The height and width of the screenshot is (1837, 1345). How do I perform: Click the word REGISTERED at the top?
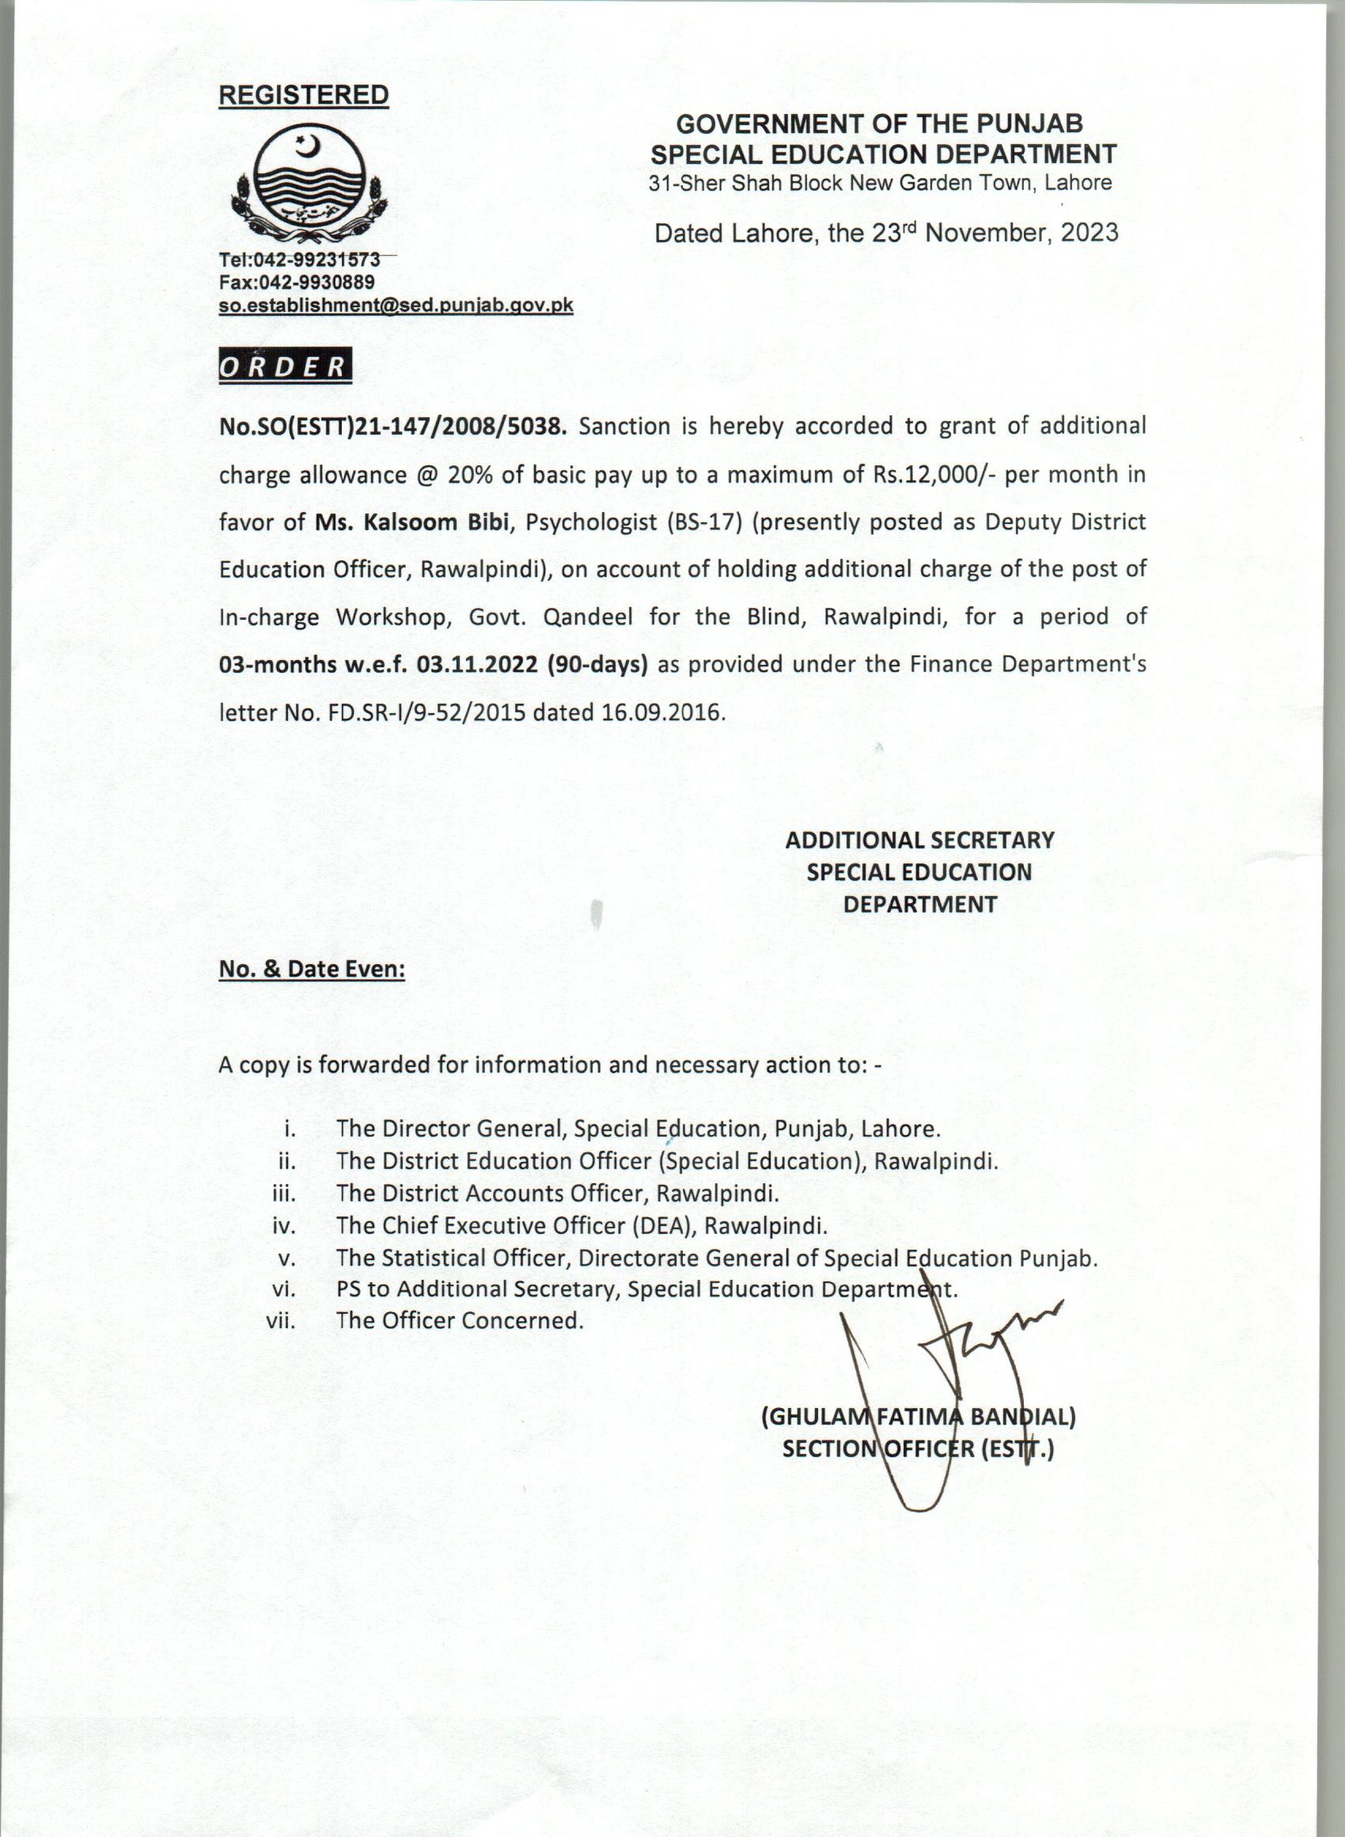(x=304, y=95)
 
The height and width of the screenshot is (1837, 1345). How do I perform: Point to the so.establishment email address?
(x=396, y=306)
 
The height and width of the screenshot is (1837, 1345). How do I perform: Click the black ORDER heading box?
(x=285, y=367)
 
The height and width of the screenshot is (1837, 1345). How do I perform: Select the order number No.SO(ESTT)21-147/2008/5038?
(x=392, y=426)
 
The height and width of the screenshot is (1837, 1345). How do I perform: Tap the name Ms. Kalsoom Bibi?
(x=411, y=521)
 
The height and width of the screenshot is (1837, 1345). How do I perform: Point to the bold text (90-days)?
(x=598, y=665)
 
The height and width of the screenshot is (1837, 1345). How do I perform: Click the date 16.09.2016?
(x=662, y=712)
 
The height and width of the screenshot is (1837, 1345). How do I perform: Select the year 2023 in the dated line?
(x=1089, y=233)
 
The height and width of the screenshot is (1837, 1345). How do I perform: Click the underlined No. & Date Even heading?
(x=312, y=969)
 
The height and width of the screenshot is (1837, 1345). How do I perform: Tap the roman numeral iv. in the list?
(x=285, y=1224)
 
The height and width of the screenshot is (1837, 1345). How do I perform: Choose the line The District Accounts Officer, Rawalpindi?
(x=558, y=1193)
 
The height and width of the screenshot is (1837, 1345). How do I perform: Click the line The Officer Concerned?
(x=460, y=1320)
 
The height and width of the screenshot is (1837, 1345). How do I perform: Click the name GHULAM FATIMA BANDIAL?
(x=919, y=1418)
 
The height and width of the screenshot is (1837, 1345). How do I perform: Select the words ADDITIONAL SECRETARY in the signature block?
(x=919, y=841)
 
